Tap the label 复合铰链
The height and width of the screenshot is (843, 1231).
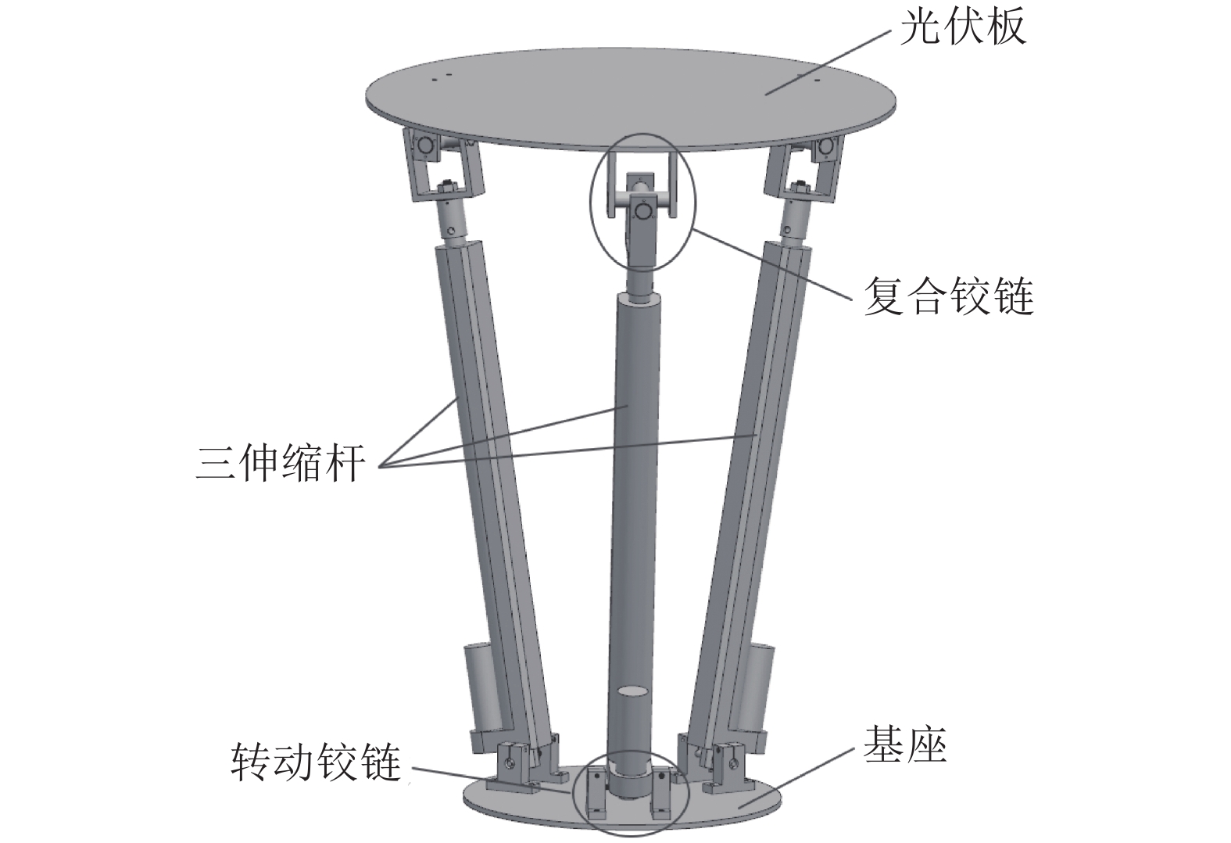coord(949,296)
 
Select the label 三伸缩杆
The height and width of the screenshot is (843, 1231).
coord(281,463)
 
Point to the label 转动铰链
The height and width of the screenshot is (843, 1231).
coord(316,762)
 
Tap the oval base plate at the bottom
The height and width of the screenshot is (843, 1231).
coord(621,804)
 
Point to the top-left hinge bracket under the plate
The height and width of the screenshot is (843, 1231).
coord(443,164)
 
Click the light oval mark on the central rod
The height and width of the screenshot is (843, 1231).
coord(634,691)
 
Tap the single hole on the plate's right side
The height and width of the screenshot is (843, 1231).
coord(817,81)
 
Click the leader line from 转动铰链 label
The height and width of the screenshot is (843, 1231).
coord(491,779)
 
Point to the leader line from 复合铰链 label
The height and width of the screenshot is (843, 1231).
coord(772,264)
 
